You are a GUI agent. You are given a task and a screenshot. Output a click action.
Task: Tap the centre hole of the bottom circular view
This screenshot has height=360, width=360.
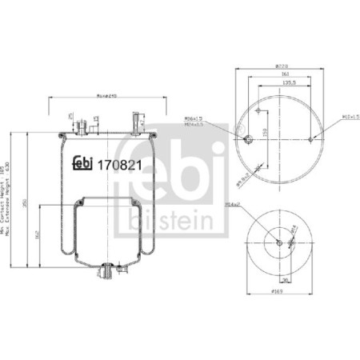278,243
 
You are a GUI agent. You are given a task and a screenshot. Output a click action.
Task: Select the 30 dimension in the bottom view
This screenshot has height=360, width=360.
284,279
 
